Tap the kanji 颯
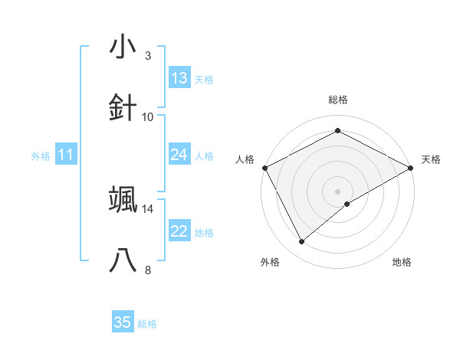pos(123,199)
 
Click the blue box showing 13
pos(179,78)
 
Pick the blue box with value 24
pos(179,155)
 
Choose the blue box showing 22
pos(179,232)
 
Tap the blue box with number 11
pos(65,155)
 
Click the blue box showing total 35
pos(123,322)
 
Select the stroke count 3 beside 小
pos(148,56)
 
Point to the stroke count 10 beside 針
pos(148,117)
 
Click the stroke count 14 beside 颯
pos(148,208)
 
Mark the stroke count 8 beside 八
pos(148,270)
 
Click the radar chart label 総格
pos(338,100)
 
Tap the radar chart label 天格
pos(432,159)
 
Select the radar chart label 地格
pos(402,262)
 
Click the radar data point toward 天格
pos(410,167)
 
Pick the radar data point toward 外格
pos(302,242)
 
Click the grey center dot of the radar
pos(338,190)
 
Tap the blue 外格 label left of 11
pos(41,156)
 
